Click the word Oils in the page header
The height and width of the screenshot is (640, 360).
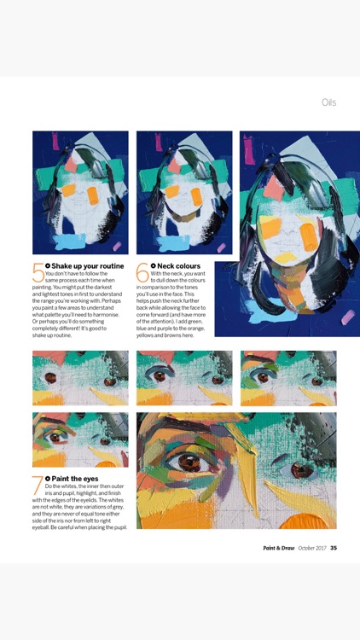tap(328, 102)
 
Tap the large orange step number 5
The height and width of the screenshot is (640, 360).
tap(38, 273)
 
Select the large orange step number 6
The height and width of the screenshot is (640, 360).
tap(142, 273)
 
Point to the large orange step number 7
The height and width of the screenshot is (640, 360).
tap(38, 486)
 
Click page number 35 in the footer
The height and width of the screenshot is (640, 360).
tap(334, 548)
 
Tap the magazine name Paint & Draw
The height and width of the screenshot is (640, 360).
tap(278, 548)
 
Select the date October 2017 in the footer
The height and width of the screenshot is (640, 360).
tap(312, 548)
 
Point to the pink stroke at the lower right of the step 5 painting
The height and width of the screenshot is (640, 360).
tap(117, 246)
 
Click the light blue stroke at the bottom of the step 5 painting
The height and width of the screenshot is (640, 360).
tap(70, 241)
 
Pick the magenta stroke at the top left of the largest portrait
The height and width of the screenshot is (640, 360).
tap(249, 150)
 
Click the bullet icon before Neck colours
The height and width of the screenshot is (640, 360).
tap(153, 266)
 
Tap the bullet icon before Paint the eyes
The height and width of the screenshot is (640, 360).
tap(48, 479)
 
